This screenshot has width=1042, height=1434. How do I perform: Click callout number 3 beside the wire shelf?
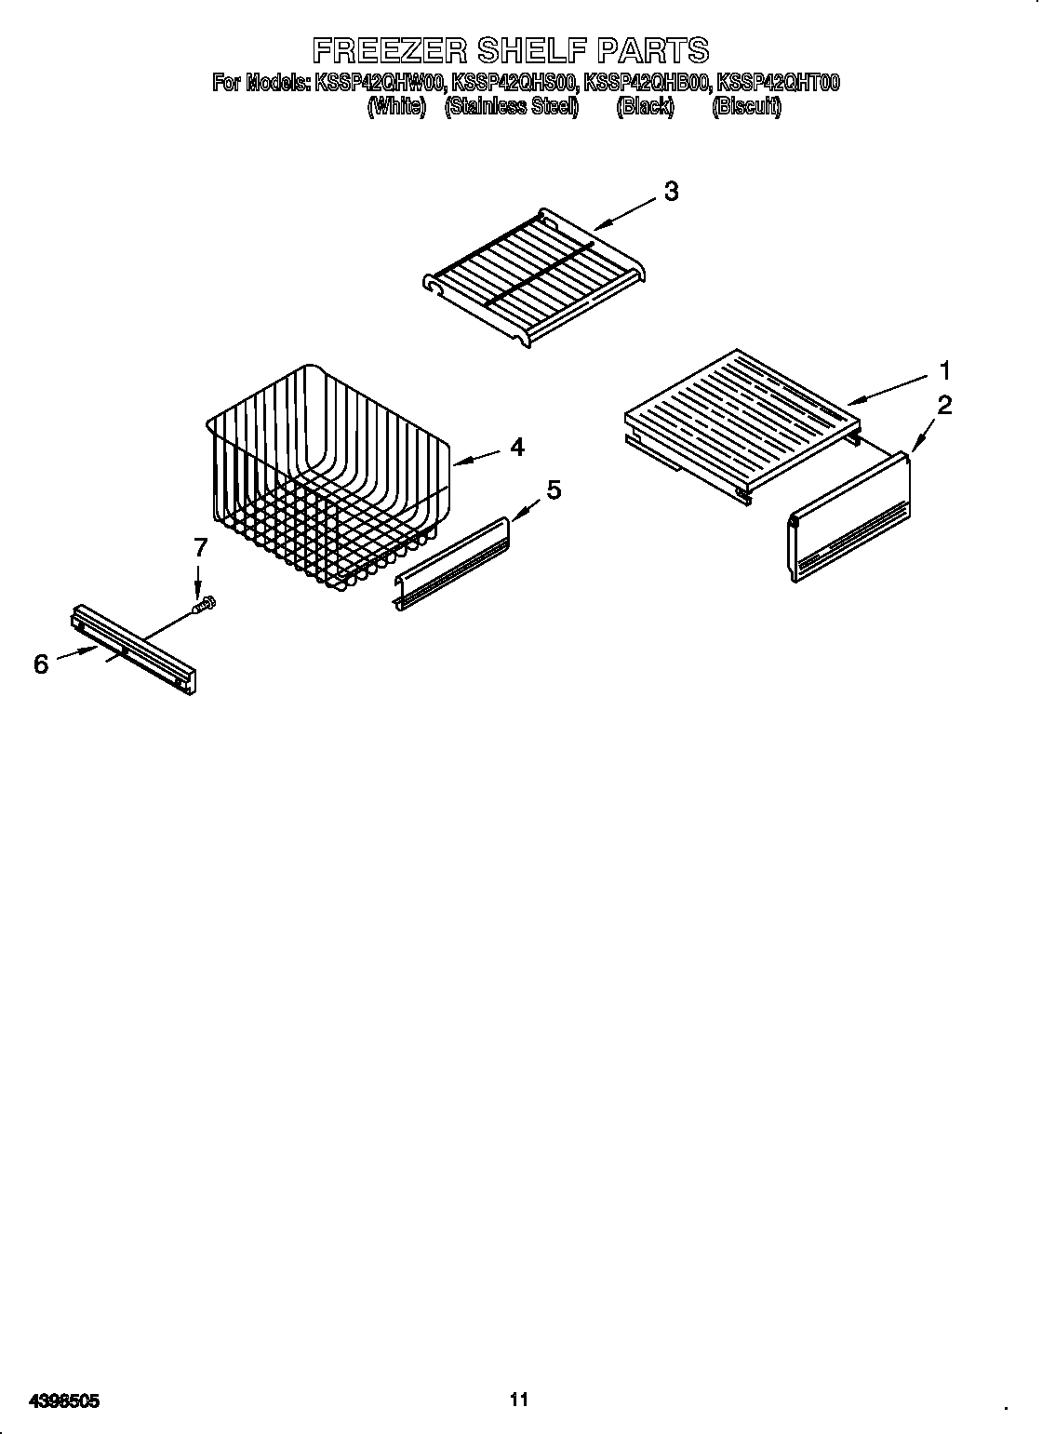click(x=670, y=192)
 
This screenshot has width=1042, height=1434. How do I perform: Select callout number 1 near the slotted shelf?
click(x=944, y=371)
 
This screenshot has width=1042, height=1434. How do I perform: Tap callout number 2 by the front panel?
click(x=944, y=405)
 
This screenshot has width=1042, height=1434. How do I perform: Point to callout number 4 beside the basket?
click(x=516, y=447)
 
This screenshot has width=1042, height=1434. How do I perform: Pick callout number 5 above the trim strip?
click(x=554, y=489)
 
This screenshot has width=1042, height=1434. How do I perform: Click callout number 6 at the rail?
click(x=41, y=664)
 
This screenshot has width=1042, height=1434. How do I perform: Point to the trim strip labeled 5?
click(x=454, y=562)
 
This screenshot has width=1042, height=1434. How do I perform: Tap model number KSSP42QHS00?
click(x=514, y=84)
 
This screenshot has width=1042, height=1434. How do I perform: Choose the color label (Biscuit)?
click(x=746, y=106)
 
